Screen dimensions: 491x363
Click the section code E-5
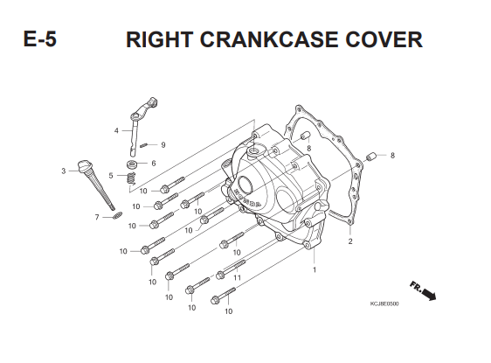[x=40, y=39]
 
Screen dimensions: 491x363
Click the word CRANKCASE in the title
[x=269, y=39]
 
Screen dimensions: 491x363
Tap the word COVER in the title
[x=384, y=39]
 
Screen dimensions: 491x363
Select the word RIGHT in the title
[x=160, y=39]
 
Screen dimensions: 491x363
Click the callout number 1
[x=315, y=269]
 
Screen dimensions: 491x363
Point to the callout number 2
[x=350, y=241]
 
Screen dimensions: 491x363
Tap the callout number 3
[x=64, y=171]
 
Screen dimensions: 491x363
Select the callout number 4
[x=116, y=130]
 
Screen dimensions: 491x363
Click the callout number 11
[x=237, y=277]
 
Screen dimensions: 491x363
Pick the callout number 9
[x=163, y=145]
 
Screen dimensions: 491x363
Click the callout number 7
[x=97, y=217]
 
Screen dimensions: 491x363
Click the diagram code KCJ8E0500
[x=384, y=304]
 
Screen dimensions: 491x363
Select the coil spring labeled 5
[x=131, y=178]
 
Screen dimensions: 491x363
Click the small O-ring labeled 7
[x=117, y=215]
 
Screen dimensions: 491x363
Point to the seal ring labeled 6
[x=132, y=164]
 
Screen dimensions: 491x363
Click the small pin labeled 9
[x=143, y=145]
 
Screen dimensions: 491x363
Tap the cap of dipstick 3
[x=85, y=165]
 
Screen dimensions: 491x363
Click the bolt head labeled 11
[x=220, y=276]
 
